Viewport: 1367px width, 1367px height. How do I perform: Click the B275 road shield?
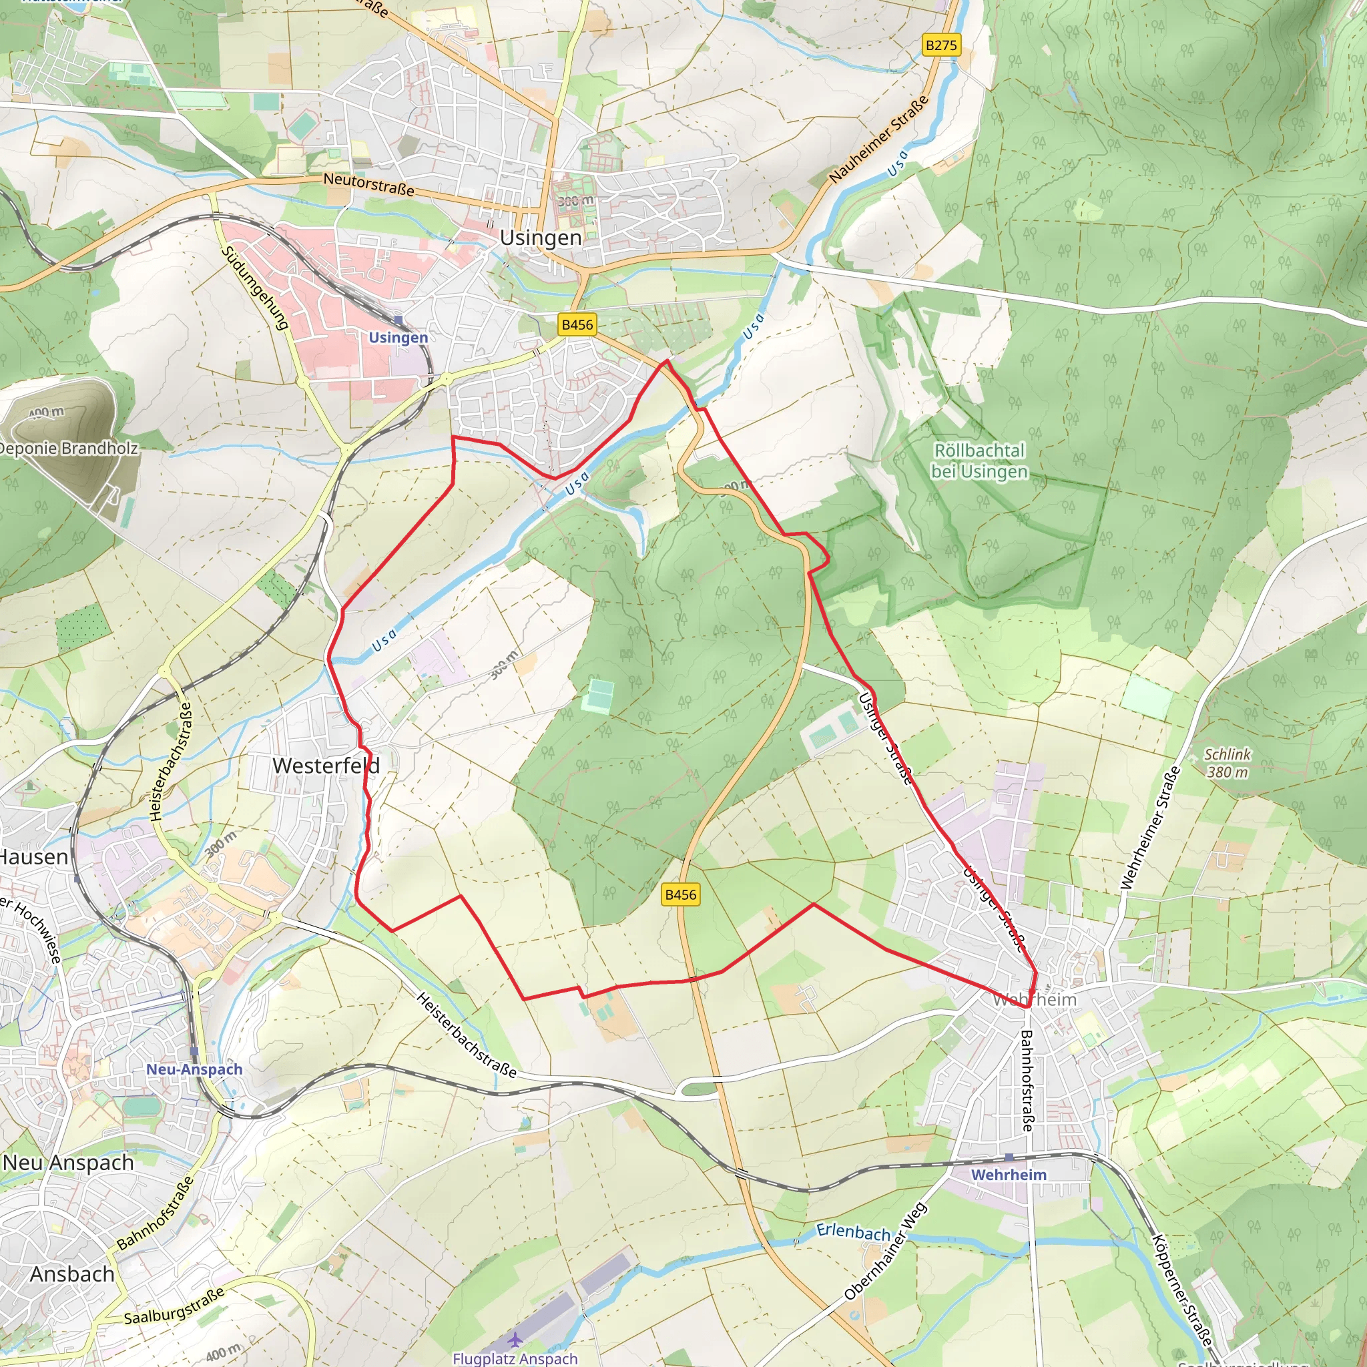[x=941, y=45]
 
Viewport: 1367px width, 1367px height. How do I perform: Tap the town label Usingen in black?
[x=541, y=238]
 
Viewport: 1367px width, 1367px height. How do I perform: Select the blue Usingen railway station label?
[x=398, y=338]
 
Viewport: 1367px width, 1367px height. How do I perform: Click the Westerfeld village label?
[x=326, y=766]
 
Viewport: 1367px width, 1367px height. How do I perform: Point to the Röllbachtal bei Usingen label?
[x=979, y=461]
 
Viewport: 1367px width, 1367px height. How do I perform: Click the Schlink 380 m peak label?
[x=1227, y=763]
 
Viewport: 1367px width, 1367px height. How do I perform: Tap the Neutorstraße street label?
[x=368, y=185]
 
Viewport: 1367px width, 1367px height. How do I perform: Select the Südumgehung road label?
[x=255, y=288]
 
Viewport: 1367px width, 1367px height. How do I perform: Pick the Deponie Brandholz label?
[x=68, y=448]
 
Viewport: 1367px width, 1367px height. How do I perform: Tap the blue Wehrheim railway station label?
[x=1009, y=1175]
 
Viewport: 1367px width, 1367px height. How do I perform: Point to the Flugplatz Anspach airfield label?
[x=515, y=1358]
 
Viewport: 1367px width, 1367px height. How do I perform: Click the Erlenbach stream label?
[x=853, y=1232]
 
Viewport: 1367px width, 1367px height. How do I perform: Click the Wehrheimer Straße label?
[x=1151, y=828]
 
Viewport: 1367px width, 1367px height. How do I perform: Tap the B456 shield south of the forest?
[x=681, y=894]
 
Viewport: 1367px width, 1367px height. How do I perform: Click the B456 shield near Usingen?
[x=577, y=325]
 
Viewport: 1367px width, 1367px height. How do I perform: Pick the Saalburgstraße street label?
[x=174, y=1306]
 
